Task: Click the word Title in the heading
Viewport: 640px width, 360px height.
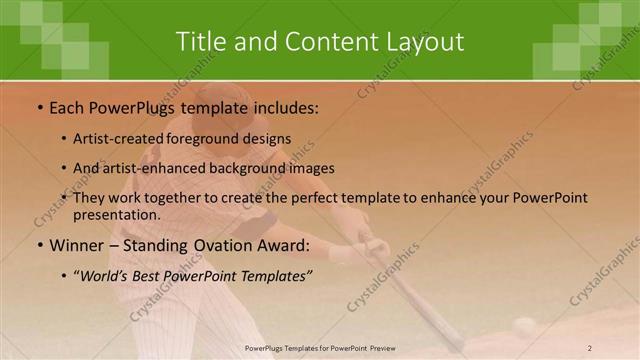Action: pos(200,41)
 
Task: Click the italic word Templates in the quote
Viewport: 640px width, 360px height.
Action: pos(276,274)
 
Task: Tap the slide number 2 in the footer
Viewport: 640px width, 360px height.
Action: pos(589,348)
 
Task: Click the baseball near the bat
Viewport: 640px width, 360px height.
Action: pos(524,326)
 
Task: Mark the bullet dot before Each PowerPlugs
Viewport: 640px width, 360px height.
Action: pos(39,106)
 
